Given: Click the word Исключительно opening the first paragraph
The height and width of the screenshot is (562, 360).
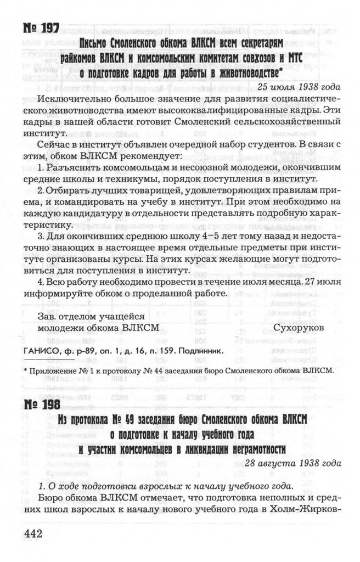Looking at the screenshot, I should (75, 100).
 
